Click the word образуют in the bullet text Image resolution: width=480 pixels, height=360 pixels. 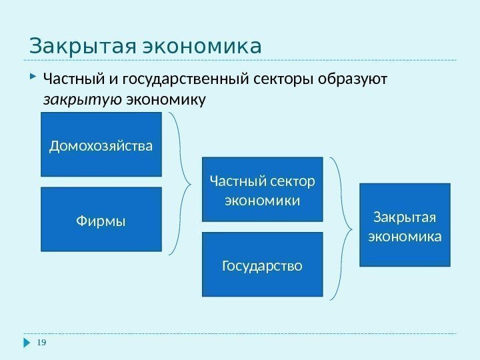pyautogui.click(x=356, y=81)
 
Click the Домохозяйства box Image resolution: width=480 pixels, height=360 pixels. pyautogui.click(x=101, y=144)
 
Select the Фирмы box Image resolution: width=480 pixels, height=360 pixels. pyautogui.click(x=101, y=219)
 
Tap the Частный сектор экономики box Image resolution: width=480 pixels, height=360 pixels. pyautogui.click(x=262, y=189)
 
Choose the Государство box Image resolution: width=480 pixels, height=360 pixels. pyautogui.click(x=262, y=265)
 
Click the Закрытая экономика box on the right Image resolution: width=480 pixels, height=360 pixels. pyautogui.click(x=405, y=225)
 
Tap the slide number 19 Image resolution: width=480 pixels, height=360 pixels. pyautogui.click(x=42, y=343)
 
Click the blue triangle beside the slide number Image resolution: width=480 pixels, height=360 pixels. pyautogui.click(x=27, y=343)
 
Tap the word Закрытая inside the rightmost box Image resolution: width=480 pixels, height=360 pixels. pyautogui.click(x=405, y=217)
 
